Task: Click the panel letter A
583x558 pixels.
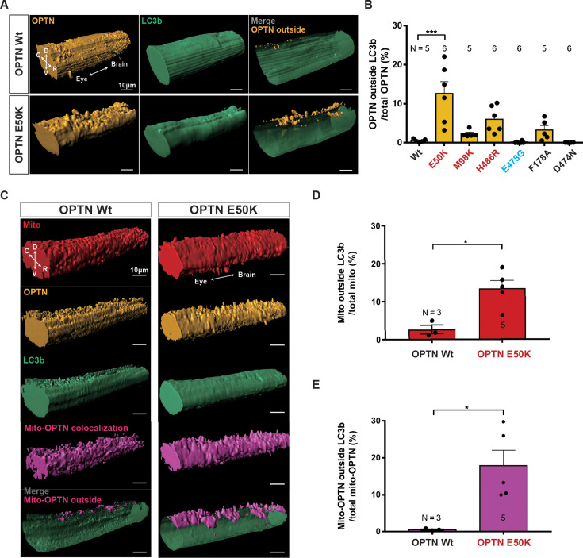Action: [6, 7]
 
